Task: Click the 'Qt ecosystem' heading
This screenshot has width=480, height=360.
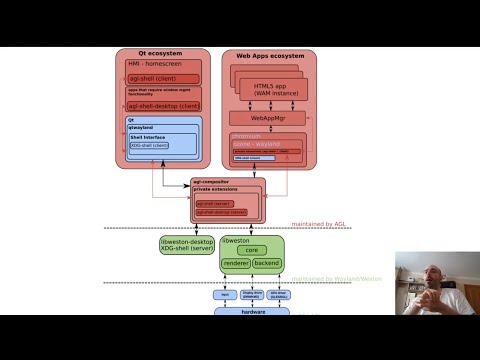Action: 162,54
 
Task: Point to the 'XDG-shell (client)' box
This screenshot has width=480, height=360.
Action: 149,146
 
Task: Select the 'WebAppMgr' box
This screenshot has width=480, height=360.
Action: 266,118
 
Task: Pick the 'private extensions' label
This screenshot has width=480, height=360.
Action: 214,189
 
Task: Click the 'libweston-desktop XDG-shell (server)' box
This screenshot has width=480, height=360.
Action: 187,245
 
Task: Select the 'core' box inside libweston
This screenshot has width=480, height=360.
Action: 252,250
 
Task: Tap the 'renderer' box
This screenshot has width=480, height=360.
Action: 235,263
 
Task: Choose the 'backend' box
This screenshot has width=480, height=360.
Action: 267,263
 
